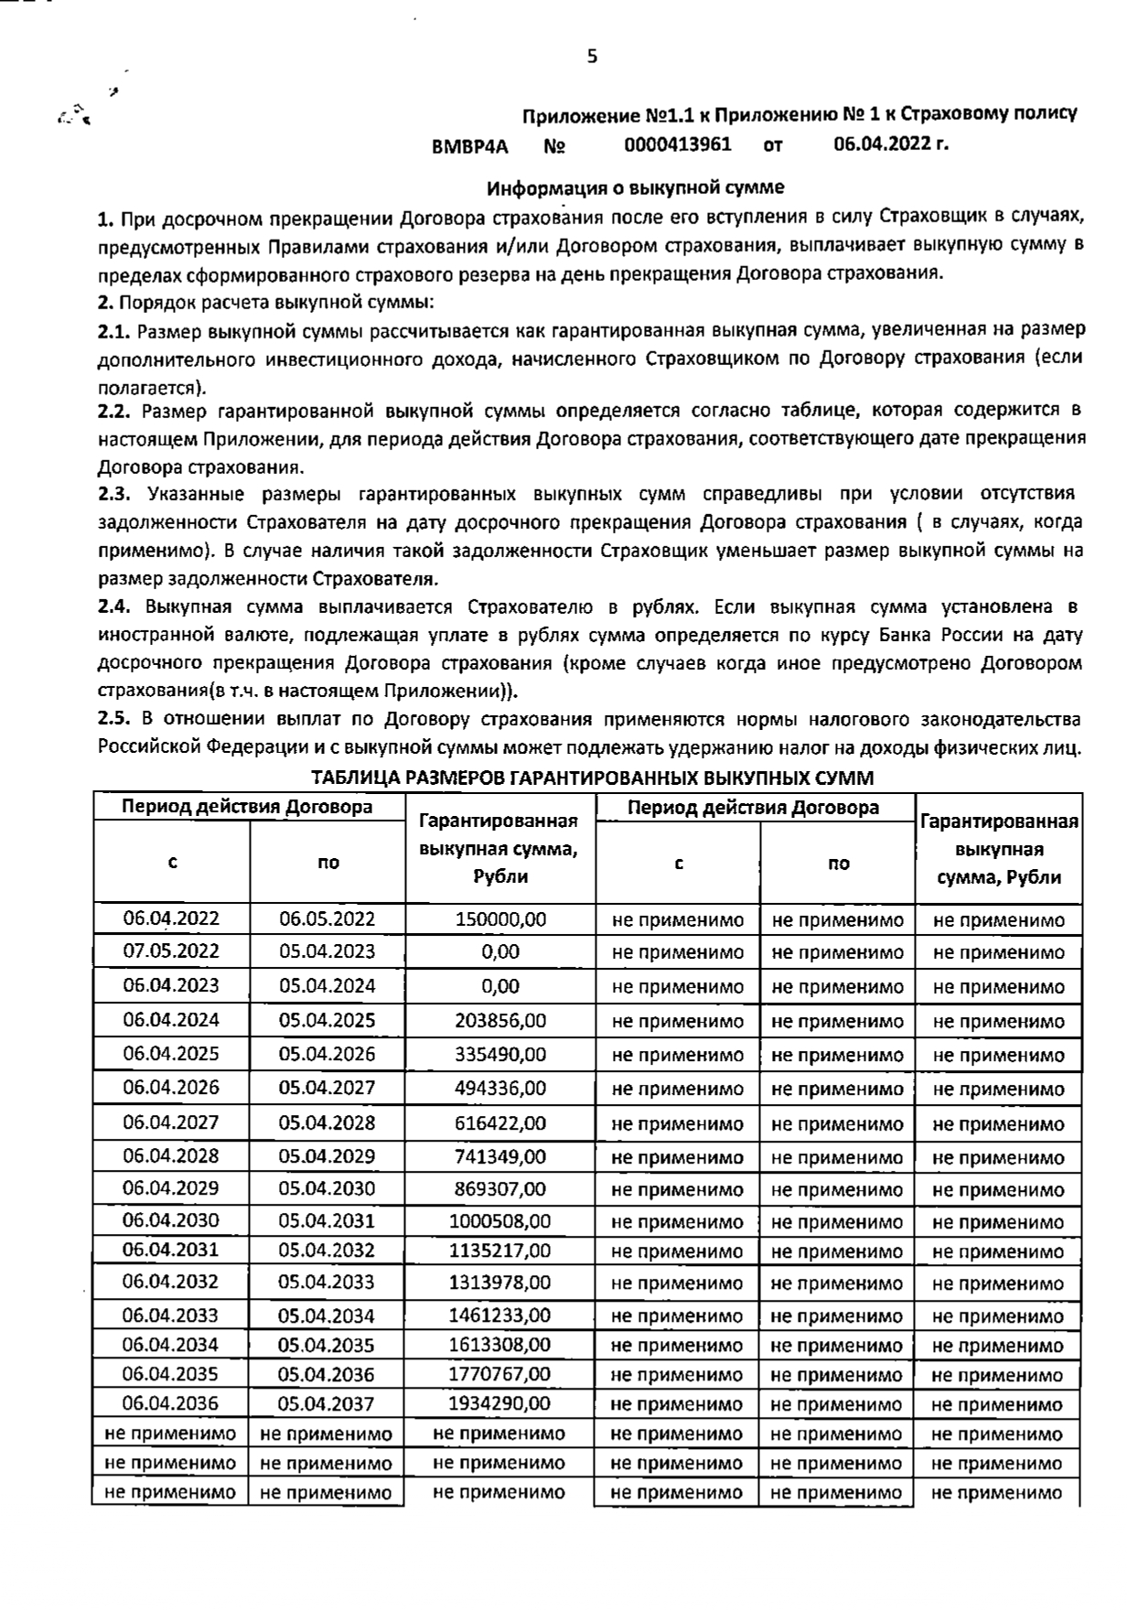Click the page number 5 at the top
(x=592, y=57)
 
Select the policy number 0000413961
(x=678, y=145)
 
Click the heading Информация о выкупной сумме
(x=635, y=188)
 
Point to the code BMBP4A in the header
(x=470, y=146)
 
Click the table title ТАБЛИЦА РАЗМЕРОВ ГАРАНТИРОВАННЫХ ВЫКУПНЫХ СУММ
(x=592, y=778)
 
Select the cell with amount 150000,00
(x=500, y=919)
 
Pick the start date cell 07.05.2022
(x=171, y=951)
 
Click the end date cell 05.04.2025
(x=327, y=1020)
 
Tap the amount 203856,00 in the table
(x=500, y=1020)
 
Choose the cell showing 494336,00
(x=500, y=1088)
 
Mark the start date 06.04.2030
(x=171, y=1220)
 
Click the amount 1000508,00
(x=500, y=1221)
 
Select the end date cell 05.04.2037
(x=327, y=1403)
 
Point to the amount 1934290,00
(x=500, y=1403)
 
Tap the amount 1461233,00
(x=500, y=1315)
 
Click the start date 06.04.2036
(x=171, y=1403)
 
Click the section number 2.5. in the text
(x=116, y=720)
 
